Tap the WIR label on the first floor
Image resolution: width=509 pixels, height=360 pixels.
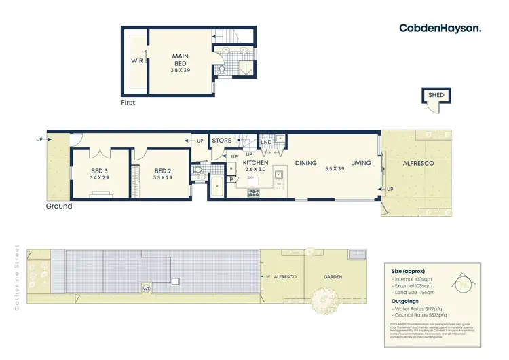[x=136, y=60]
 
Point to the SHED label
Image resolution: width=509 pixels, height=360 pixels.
[x=435, y=95]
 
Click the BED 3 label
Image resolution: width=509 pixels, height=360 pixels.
[x=99, y=170]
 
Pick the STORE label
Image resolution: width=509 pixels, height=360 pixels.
[x=222, y=141]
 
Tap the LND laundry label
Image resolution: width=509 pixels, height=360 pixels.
[x=265, y=141]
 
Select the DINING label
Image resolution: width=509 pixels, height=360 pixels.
[x=306, y=163]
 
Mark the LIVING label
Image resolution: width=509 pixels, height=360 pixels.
[x=361, y=163]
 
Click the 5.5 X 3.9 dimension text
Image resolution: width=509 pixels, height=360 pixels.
[x=335, y=169]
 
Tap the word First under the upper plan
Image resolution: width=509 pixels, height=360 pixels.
[x=128, y=103]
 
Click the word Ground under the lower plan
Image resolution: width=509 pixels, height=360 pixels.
[x=59, y=206]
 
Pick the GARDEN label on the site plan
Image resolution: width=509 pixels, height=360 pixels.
[x=332, y=277]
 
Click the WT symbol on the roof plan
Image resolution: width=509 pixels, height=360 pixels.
[x=146, y=288]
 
